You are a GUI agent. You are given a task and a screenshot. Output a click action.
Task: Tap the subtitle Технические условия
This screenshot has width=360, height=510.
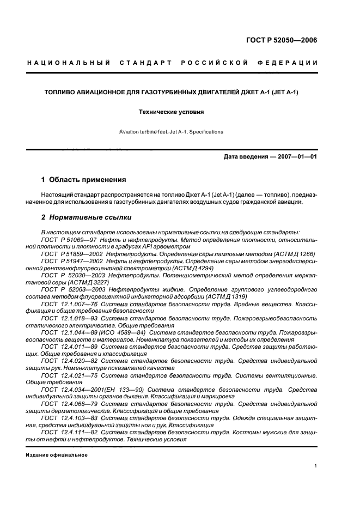tap(170, 112)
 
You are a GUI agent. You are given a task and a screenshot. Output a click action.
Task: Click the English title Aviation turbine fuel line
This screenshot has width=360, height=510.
tap(170, 132)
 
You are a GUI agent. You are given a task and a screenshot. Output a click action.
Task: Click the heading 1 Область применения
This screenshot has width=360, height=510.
tap(84, 179)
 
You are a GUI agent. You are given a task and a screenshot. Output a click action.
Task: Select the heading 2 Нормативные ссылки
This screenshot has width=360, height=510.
tap(87, 217)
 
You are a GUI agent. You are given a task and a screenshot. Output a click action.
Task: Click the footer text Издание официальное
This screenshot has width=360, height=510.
tap(57, 454)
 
